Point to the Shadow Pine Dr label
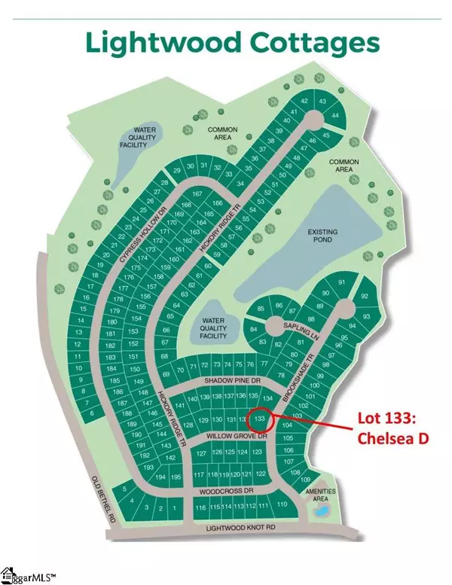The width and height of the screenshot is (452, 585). tap(219, 381)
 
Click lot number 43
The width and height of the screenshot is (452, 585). tap(322, 101)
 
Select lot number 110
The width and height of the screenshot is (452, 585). tap(282, 504)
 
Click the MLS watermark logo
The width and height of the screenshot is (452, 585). tap(24, 577)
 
